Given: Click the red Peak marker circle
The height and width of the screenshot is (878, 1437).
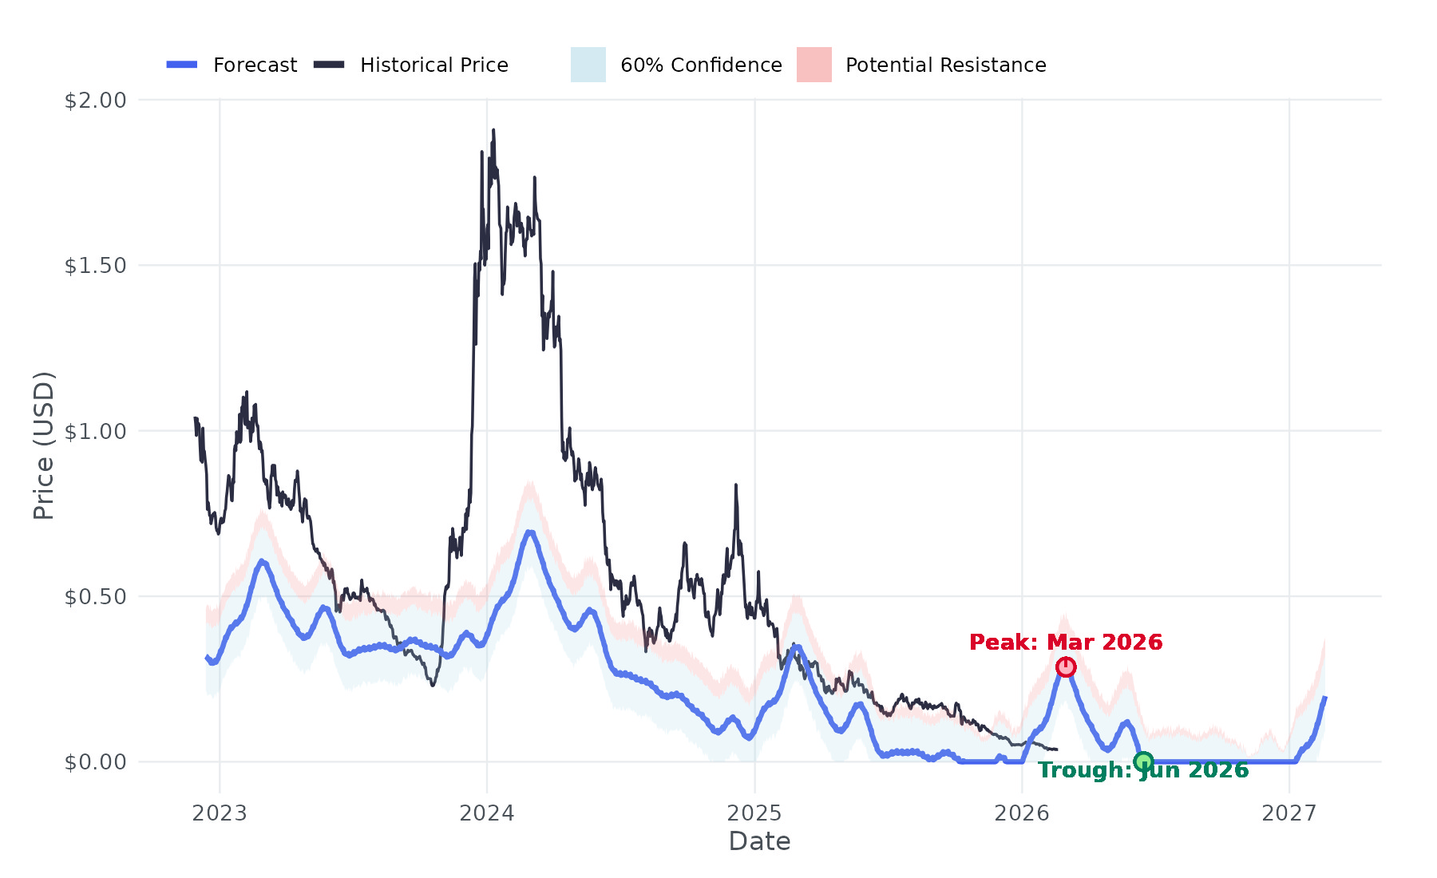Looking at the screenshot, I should click(x=1066, y=667).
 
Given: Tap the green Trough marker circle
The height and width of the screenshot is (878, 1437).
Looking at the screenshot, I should click(x=1143, y=761).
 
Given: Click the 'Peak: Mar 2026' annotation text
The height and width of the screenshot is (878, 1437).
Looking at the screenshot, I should click(x=1066, y=643).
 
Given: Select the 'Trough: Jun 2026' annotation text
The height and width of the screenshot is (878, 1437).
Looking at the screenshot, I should click(x=1143, y=770).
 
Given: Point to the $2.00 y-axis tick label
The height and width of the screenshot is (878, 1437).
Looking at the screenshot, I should click(x=96, y=101).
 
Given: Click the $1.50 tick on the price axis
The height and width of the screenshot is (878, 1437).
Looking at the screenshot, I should click(x=96, y=266).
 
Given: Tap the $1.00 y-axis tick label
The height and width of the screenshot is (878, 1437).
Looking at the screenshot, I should click(x=96, y=431).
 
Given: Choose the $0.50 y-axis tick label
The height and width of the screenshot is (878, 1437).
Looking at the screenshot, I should click(x=96, y=596).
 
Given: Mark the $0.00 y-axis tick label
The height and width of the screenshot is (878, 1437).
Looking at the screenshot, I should click(x=96, y=761).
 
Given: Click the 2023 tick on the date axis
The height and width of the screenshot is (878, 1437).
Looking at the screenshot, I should click(x=220, y=813).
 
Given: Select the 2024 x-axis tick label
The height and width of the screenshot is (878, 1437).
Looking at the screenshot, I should click(x=487, y=813).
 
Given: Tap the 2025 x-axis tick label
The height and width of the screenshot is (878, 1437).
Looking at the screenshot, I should click(x=754, y=813).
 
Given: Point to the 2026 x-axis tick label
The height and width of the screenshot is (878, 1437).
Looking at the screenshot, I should click(x=1022, y=813).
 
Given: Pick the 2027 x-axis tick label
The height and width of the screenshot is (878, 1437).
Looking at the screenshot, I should click(x=1289, y=813).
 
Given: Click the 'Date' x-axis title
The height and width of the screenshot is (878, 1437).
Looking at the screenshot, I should click(x=759, y=841).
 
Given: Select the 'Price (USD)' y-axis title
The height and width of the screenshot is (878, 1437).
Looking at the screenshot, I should click(x=44, y=445).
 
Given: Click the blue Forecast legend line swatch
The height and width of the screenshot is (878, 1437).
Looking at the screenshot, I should click(x=182, y=65).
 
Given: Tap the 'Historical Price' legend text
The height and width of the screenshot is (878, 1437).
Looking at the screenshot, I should click(x=433, y=65).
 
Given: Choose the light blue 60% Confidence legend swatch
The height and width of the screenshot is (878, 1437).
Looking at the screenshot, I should click(x=588, y=65).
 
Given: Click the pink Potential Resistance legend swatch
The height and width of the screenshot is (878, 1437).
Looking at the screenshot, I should click(x=814, y=65).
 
